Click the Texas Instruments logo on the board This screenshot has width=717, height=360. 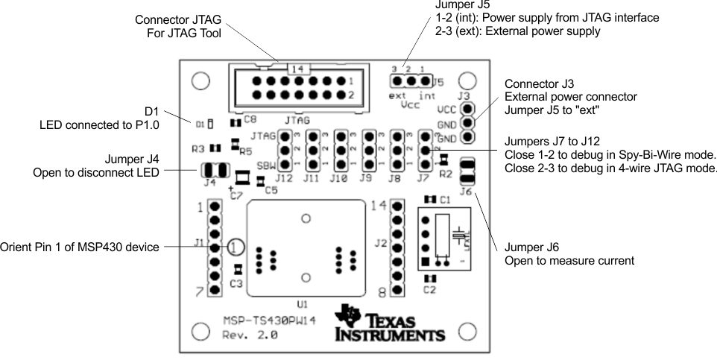coord(390,323)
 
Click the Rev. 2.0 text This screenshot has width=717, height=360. coord(250,335)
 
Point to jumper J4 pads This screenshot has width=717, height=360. coord(212,170)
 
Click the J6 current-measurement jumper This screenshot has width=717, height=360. coord(467,171)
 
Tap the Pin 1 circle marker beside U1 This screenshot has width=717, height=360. coord(234,247)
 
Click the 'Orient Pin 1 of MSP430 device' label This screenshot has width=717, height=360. coord(80,247)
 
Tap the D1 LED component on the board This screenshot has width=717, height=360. coord(211,122)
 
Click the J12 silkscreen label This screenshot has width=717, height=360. coord(282,179)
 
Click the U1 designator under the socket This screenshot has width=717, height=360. coord(302,304)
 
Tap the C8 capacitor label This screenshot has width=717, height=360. coord(249,119)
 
